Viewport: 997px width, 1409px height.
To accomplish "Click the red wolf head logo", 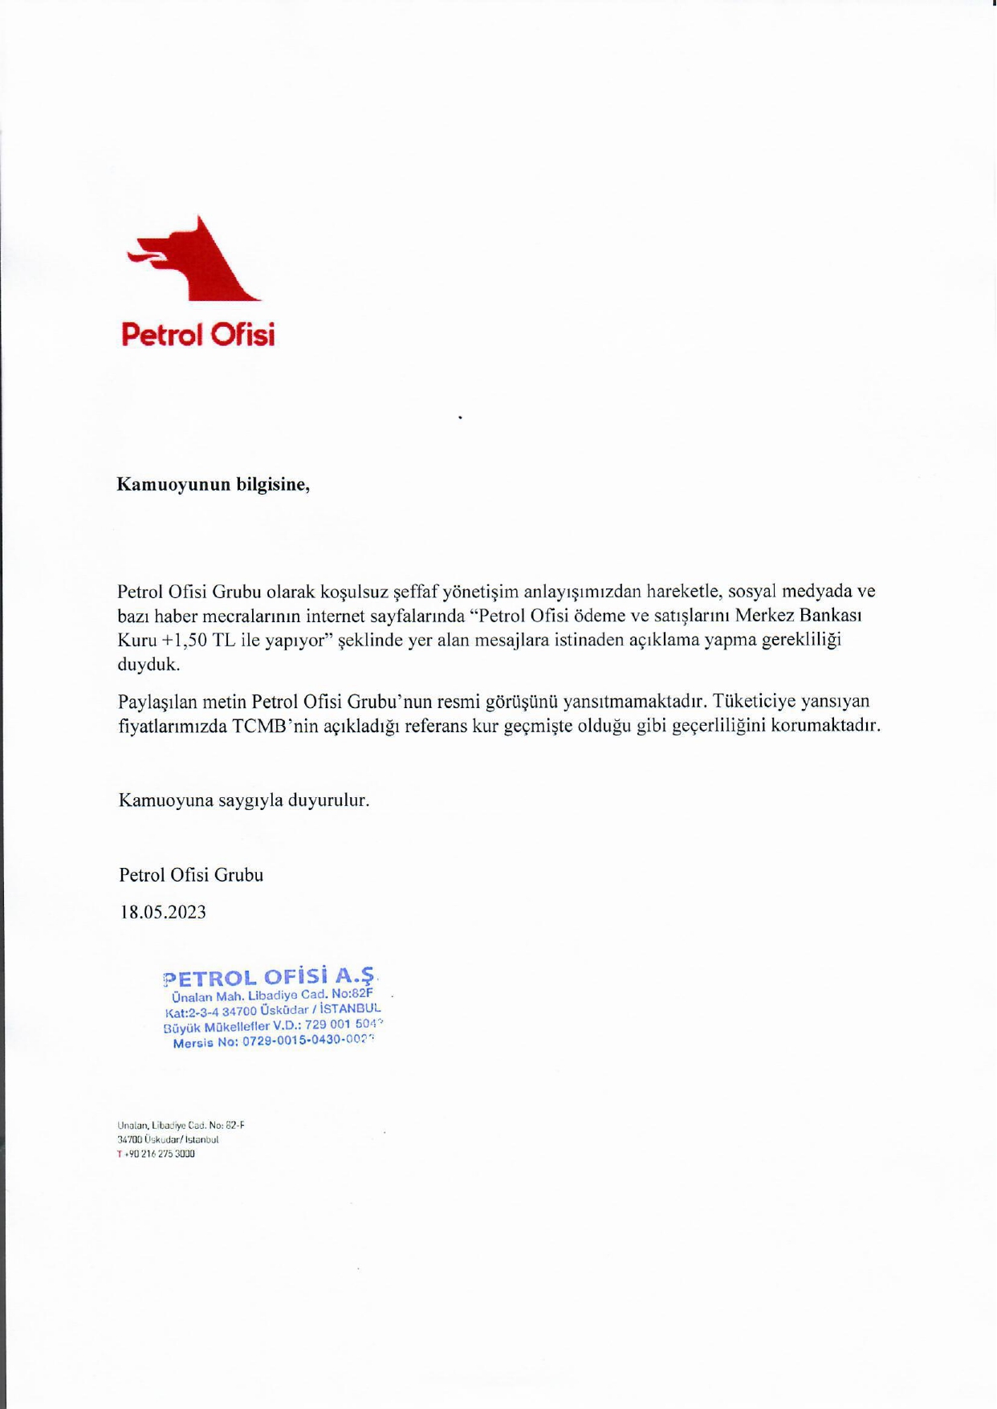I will pyautogui.click(x=197, y=261).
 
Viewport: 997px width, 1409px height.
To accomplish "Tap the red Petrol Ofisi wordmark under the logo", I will pyautogui.click(x=197, y=334).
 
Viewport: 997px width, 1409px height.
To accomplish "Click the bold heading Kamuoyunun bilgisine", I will pyautogui.click(x=213, y=484).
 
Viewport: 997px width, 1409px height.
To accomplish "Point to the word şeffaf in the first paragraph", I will pyautogui.click(x=414, y=592).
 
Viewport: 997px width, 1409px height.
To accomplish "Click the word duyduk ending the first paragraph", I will pyautogui.click(x=149, y=665).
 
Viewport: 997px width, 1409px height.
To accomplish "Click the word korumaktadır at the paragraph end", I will pyautogui.click(x=832, y=726).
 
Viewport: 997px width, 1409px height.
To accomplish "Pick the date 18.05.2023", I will pyautogui.click(x=163, y=912).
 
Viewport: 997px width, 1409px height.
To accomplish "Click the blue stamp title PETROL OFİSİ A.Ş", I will pyautogui.click(x=269, y=977).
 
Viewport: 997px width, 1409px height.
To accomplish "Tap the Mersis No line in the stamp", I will pyautogui.click(x=273, y=1041).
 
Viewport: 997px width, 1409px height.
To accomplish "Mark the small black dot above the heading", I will pyautogui.click(x=460, y=417).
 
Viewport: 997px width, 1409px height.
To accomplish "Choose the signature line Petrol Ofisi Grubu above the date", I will pyautogui.click(x=191, y=874).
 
